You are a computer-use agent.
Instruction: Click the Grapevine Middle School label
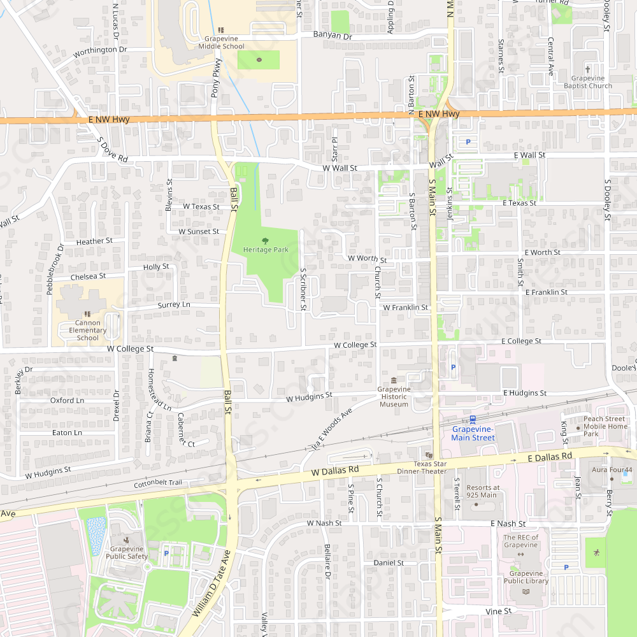pos(221,42)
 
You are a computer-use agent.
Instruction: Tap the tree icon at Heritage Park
pos(266,240)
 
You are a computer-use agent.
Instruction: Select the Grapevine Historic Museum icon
pos(394,380)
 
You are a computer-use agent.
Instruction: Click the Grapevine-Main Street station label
pos(473,433)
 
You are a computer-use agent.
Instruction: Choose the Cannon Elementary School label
pos(88,330)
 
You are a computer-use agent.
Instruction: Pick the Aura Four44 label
pos(612,470)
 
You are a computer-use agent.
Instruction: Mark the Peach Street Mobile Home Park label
pos(606,427)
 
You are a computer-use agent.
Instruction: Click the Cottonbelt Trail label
pos(158,483)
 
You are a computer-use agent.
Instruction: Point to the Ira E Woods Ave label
pos(332,432)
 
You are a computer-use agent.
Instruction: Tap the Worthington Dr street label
pos(101,50)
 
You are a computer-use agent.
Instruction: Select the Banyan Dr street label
pos(333,36)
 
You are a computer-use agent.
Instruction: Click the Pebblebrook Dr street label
pos(54,269)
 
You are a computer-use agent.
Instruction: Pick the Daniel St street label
pos(389,563)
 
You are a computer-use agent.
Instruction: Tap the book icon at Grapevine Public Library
pos(526,592)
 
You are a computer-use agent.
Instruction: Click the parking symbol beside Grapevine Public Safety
pos(166,554)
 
